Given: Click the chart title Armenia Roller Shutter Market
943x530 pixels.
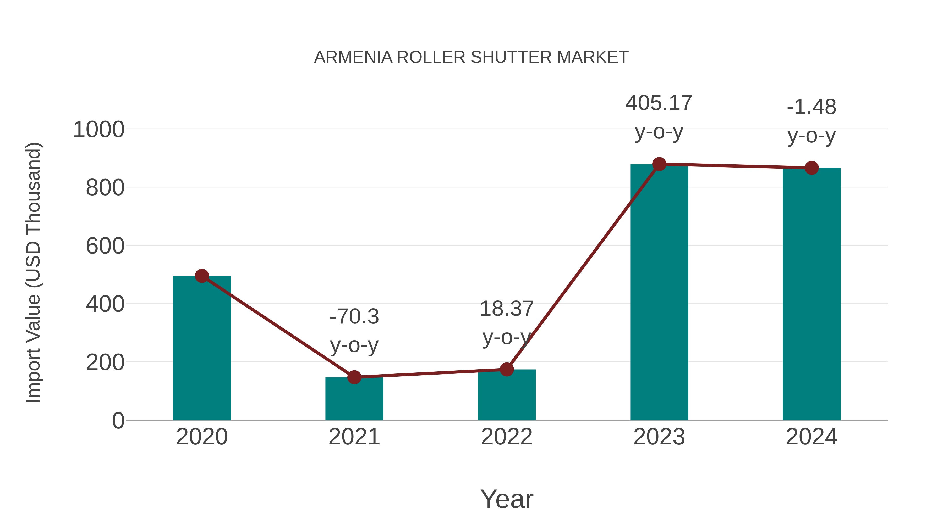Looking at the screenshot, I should [471, 57].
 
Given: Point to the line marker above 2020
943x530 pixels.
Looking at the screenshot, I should [202, 276].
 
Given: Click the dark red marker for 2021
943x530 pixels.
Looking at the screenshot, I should [354, 377].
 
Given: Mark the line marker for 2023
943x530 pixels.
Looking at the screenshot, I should [659, 164].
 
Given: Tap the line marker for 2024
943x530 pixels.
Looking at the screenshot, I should [811, 168].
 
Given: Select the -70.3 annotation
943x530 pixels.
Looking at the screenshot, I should [354, 316].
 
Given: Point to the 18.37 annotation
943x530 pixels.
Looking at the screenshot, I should [506, 309].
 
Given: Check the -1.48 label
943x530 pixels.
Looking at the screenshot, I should [811, 107].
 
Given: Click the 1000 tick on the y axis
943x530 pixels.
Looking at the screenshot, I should [99, 130].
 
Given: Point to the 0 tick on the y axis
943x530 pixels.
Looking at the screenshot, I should [118, 420].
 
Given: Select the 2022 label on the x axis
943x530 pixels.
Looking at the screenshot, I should [506, 437].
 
